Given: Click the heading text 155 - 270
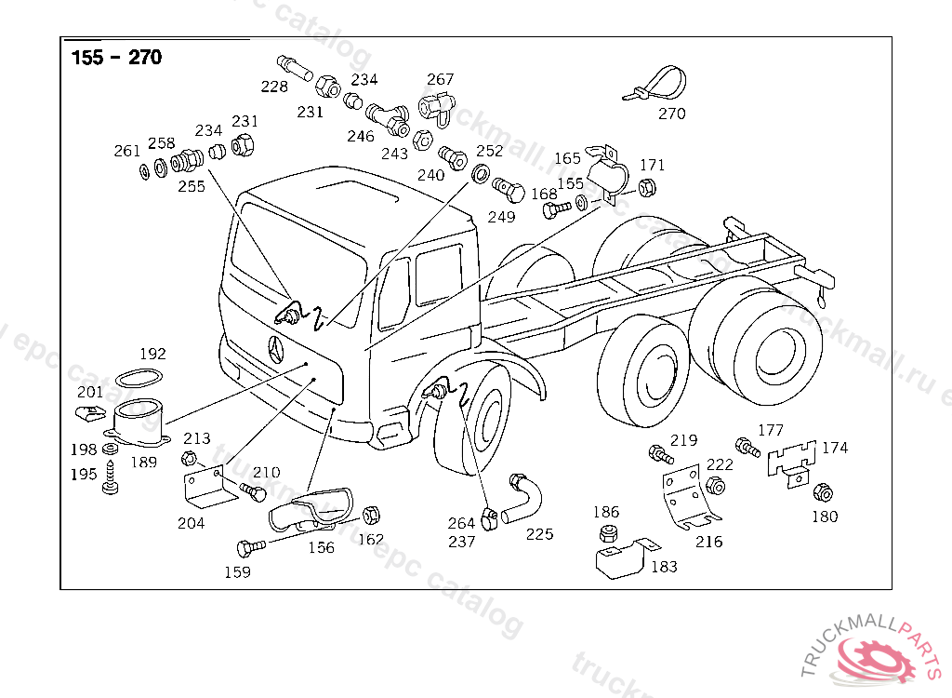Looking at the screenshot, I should click(116, 58).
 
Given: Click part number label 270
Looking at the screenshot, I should click(671, 114).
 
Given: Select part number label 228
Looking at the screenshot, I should click(274, 87).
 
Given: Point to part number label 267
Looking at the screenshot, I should click(441, 79).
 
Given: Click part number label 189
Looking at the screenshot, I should click(143, 461).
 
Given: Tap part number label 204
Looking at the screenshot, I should click(192, 523).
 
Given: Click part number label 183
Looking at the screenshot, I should click(664, 566).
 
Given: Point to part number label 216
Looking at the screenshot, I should click(708, 542).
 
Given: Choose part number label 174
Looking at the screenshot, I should click(835, 448).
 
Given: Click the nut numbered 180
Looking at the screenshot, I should click(822, 493).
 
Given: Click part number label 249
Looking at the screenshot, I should click(501, 218).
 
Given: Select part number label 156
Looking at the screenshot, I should click(321, 547).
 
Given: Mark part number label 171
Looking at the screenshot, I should click(653, 165).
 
